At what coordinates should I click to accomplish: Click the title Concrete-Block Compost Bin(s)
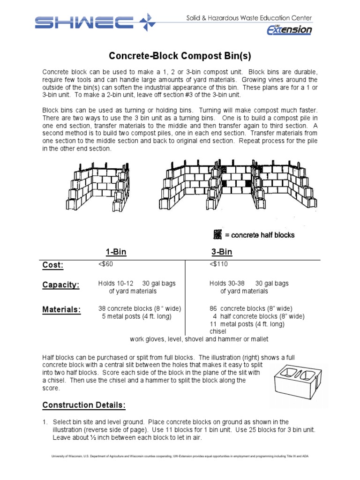point(180,56)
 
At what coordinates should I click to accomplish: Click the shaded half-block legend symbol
point(217,234)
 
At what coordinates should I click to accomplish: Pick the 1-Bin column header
point(116,252)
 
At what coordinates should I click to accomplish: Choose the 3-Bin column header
point(222,252)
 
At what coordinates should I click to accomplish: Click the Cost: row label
point(53,265)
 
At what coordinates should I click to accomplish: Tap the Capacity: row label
point(61,285)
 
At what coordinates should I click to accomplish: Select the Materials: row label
point(61,309)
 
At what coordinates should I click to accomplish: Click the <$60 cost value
point(105,264)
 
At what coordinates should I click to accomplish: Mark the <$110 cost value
point(218,264)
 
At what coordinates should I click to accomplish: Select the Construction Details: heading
point(84,405)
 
